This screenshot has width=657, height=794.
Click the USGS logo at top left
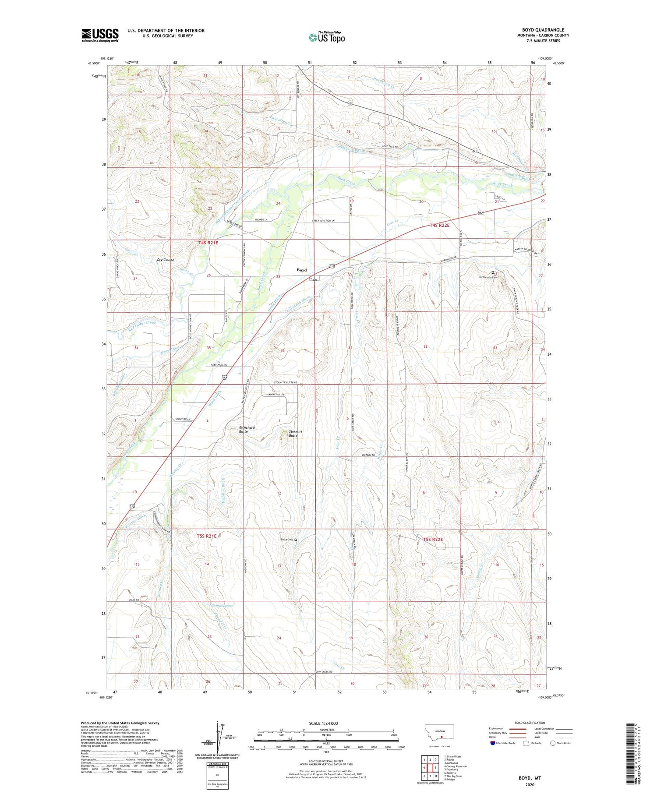coord(100,35)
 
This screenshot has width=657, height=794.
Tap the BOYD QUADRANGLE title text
coord(543,30)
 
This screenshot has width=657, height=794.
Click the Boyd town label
coord(302,270)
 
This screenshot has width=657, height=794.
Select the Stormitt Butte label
coord(293,434)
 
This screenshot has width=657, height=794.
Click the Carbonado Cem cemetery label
coord(488,277)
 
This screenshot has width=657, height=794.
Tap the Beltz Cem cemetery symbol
coord(296,540)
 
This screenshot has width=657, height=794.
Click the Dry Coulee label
coord(166,260)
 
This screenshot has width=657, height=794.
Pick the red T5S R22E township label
coord(433,539)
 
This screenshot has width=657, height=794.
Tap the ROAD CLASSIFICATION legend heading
coord(530,723)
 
